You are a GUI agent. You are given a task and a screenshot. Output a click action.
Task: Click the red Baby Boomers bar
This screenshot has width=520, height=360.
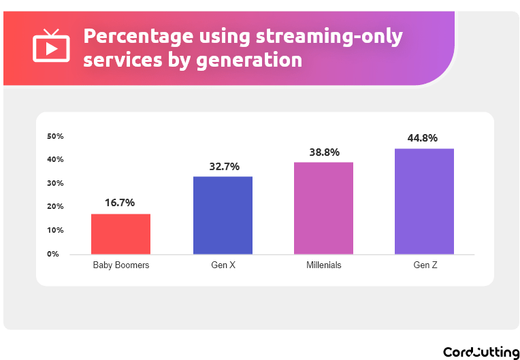click(120, 234)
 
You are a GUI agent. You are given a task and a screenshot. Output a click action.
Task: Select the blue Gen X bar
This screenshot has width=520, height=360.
click(223, 215)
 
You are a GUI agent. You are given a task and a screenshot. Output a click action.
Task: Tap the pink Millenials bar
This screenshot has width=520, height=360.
click(323, 208)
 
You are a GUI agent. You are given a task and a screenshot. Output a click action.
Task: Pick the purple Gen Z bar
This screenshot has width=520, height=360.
click(424, 201)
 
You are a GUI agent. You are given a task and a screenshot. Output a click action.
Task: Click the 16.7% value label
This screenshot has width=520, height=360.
click(120, 203)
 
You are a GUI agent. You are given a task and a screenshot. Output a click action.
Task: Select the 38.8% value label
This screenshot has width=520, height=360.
click(323, 152)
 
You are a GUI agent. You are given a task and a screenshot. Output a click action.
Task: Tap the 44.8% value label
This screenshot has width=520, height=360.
click(424, 137)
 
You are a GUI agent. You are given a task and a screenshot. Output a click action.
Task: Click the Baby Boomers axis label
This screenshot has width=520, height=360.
click(120, 265)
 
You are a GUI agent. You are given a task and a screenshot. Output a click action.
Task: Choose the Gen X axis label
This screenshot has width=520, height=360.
click(223, 265)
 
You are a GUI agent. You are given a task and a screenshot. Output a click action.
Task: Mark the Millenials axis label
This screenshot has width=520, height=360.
click(323, 265)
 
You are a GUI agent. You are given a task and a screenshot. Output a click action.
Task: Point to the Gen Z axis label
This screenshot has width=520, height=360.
click(424, 265)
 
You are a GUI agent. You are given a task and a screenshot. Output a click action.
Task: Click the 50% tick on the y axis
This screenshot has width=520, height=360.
click(55, 136)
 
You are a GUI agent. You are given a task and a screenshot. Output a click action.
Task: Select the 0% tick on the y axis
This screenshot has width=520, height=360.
click(53, 254)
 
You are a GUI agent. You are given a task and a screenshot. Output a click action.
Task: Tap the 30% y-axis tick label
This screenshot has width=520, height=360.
click(55, 183)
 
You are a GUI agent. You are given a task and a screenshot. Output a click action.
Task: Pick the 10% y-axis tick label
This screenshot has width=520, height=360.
click(55, 230)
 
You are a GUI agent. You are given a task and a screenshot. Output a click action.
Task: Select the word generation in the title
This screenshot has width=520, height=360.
click(248, 60)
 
